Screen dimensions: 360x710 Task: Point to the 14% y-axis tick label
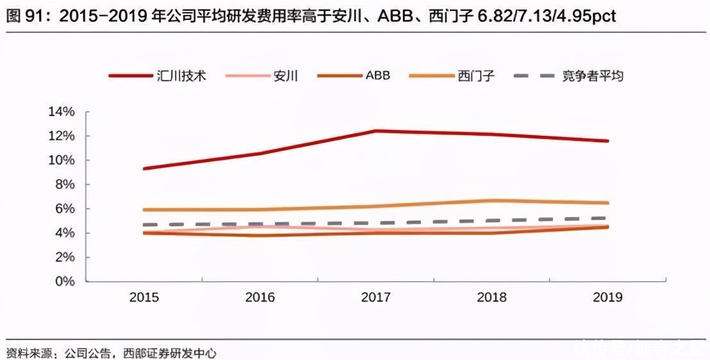(62, 112)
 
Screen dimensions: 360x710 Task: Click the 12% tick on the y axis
(62, 136)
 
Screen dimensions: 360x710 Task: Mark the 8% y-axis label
(65, 184)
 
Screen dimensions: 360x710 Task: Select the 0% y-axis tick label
(65, 281)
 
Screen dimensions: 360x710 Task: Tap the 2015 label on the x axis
(144, 298)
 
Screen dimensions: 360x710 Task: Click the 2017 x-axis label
(376, 298)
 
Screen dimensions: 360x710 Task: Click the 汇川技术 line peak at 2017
(376, 131)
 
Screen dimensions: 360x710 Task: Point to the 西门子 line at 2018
(492, 200)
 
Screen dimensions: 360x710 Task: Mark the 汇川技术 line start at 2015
(145, 168)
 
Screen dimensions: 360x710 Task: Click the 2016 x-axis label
(260, 298)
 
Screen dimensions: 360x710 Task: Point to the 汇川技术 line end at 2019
(607, 141)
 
